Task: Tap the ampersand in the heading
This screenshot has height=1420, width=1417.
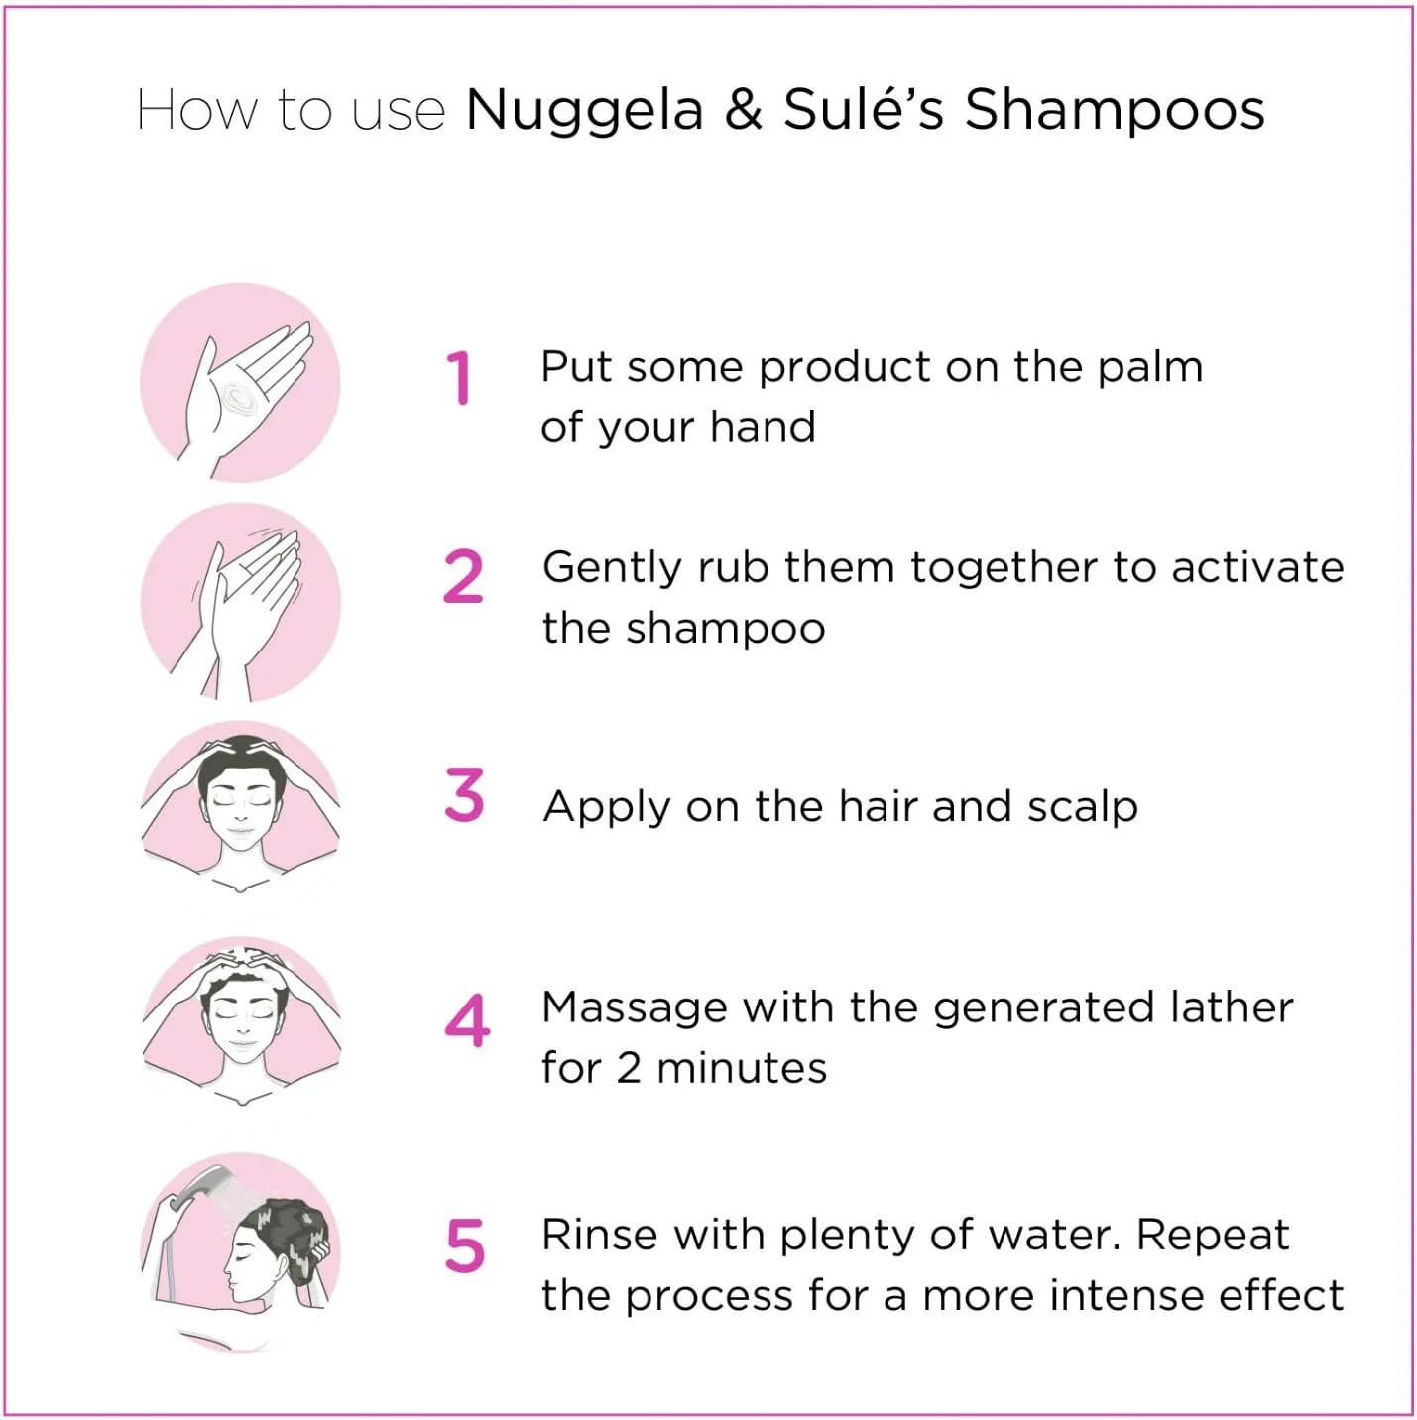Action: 743,110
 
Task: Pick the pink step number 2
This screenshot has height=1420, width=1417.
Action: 463,577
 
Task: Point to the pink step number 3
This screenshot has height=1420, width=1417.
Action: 464,794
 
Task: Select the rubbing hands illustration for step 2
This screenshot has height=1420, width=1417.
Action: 240,603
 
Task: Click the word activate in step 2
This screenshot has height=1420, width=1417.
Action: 1257,567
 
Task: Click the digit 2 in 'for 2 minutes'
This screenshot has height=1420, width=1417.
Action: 628,1069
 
